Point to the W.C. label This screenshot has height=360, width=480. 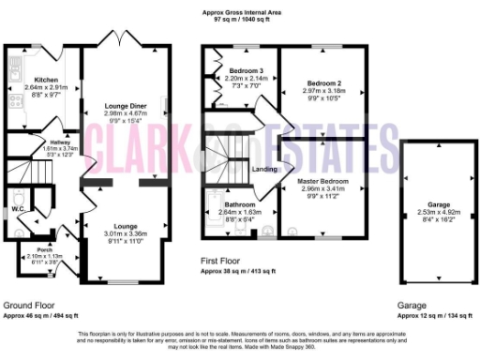point(18,208)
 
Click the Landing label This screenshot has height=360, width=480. point(264,169)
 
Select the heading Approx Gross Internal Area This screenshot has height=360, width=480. point(239,13)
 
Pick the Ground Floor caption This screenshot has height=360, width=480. point(28,306)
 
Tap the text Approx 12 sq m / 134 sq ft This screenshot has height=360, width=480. point(435,316)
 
